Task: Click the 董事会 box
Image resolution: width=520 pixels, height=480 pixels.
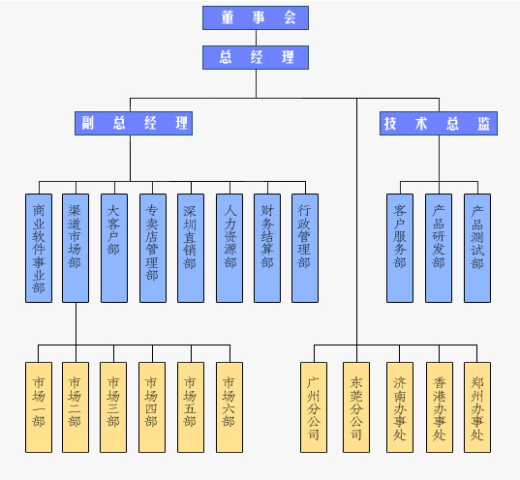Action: point(256,17)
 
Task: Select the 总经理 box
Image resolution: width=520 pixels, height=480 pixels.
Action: point(256,58)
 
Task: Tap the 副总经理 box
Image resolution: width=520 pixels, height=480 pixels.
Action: point(134,123)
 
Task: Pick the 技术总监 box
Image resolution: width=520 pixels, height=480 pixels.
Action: point(439,123)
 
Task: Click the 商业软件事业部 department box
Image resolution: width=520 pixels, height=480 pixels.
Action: point(39,249)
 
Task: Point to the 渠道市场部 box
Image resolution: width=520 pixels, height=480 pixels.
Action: point(76,249)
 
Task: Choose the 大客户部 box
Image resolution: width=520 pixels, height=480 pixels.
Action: point(114,249)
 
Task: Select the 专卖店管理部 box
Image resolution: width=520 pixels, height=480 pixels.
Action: point(153,249)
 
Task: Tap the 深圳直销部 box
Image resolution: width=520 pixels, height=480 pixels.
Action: point(191,249)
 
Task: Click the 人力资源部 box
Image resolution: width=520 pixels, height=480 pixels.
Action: point(229,249)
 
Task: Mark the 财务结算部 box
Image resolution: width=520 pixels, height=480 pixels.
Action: point(267,249)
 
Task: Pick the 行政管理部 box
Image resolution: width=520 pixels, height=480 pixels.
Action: point(305,249)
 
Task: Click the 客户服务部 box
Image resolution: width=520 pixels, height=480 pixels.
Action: point(400,249)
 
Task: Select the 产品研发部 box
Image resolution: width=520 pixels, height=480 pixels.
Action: point(439,249)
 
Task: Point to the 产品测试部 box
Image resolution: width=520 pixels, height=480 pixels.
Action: point(477,249)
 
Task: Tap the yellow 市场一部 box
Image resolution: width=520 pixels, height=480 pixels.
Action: point(39,407)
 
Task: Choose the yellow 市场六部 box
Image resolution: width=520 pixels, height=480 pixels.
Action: point(229,407)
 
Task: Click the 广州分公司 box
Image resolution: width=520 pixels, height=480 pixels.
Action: point(314,407)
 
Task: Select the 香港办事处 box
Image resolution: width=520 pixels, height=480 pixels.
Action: point(440,407)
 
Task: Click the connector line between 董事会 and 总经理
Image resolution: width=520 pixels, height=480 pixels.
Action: point(256,38)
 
